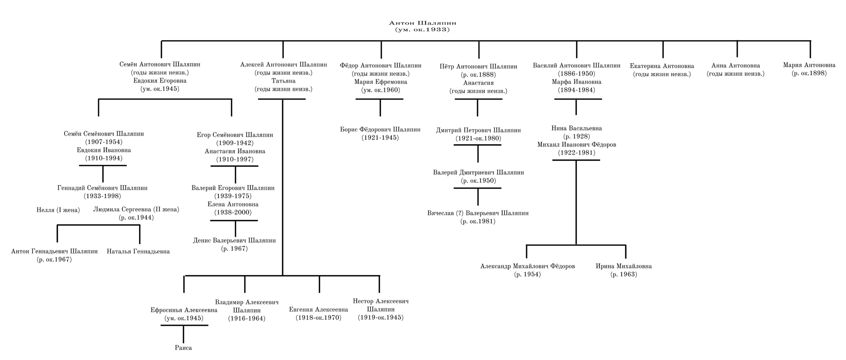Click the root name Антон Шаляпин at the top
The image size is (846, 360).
(x=423, y=23)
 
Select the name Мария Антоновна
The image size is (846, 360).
(x=809, y=65)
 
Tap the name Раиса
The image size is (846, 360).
(x=183, y=348)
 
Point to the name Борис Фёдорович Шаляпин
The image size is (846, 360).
(x=380, y=129)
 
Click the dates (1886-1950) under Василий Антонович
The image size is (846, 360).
(x=576, y=74)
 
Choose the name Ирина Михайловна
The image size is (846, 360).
(x=624, y=266)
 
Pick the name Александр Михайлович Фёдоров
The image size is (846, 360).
(x=527, y=266)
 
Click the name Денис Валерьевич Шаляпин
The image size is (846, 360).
(x=234, y=240)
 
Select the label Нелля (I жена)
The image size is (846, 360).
(x=58, y=210)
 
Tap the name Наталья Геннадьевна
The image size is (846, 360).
(x=138, y=251)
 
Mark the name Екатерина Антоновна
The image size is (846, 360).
(x=662, y=66)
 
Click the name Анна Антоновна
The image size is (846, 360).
(x=736, y=66)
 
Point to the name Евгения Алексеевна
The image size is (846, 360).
(x=319, y=309)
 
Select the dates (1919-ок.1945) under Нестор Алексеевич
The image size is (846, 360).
(x=380, y=317)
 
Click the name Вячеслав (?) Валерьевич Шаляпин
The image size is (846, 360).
(x=478, y=213)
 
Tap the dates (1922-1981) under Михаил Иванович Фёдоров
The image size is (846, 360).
(x=576, y=153)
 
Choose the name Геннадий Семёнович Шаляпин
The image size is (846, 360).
(x=102, y=188)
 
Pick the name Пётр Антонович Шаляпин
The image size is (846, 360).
(x=478, y=66)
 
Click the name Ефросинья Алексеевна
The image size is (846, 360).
(x=184, y=310)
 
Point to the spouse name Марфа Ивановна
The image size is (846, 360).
(x=576, y=82)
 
